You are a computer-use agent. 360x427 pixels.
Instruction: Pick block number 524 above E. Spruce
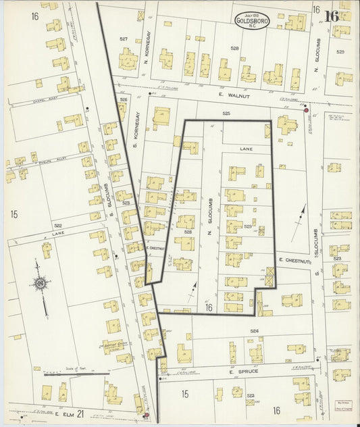(254, 331)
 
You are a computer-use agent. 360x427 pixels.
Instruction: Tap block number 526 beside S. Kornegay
(124, 99)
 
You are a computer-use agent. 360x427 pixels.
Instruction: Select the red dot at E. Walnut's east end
(305, 107)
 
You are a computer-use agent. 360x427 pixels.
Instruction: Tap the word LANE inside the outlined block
(245, 147)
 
